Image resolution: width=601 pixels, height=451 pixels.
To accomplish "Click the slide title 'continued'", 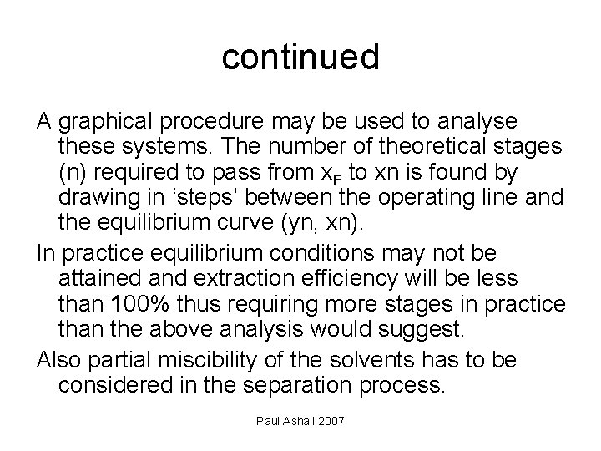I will click(x=300, y=57).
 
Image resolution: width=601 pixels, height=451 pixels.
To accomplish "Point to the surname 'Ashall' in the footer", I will click(x=301, y=419).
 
